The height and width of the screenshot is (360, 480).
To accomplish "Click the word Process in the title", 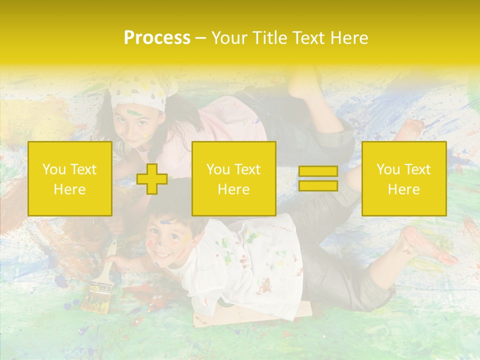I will click(x=157, y=38).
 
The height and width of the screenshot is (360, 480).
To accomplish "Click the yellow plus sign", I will click(x=152, y=179).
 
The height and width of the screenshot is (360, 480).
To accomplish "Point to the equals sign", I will click(x=318, y=179).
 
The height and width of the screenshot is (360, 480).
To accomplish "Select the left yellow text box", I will click(x=70, y=179).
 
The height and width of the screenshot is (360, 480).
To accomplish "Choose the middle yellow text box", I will click(x=233, y=179).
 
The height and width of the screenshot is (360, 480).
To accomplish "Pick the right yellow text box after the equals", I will click(x=403, y=179).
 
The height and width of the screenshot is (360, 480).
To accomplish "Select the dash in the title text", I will click(x=201, y=38).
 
